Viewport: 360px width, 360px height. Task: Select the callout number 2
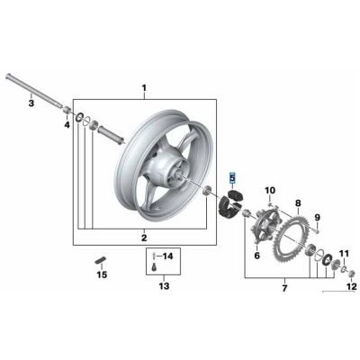pyautogui.click(x=143, y=237)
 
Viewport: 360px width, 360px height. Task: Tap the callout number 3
pyautogui.click(x=30, y=104)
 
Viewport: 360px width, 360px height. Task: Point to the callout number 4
pyautogui.click(x=66, y=125)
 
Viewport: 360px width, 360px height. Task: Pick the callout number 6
pyautogui.click(x=256, y=256)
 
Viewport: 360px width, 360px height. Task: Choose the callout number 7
pyautogui.click(x=284, y=288)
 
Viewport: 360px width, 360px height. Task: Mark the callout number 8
pyautogui.click(x=297, y=206)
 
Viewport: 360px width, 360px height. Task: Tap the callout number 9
pyautogui.click(x=317, y=219)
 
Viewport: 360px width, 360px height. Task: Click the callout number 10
pyautogui.click(x=269, y=191)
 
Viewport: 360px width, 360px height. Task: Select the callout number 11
pyautogui.click(x=342, y=243)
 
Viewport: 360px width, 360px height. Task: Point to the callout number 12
pyautogui.click(x=352, y=287)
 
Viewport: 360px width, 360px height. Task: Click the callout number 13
pyautogui.click(x=163, y=287)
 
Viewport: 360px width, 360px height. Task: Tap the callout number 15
pyautogui.click(x=102, y=274)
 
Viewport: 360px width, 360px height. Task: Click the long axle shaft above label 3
pyautogui.click(x=36, y=90)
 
